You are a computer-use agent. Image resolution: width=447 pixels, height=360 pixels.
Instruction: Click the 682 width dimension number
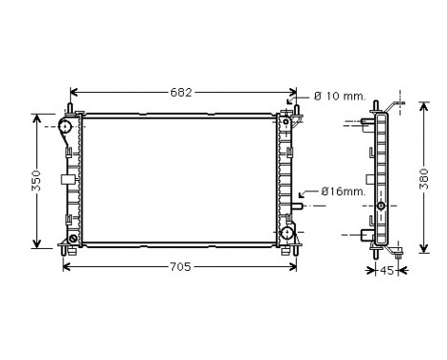[x=182, y=93]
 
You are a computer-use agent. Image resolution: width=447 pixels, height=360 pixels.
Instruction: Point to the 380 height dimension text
[x=425, y=181]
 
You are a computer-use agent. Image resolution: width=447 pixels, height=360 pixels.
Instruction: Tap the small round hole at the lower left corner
[x=72, y=240]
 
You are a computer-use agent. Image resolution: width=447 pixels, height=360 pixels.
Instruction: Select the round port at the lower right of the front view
[x=287, y=233]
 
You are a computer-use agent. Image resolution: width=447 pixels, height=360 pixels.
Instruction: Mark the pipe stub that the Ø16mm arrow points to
[x=300, y=205]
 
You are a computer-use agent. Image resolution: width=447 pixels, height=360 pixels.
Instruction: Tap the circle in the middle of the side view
[x=381, y=206]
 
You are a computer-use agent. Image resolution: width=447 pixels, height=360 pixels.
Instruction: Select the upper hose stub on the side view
[x=367, y=123]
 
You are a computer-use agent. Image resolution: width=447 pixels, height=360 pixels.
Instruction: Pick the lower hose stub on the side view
[x=366, y=232]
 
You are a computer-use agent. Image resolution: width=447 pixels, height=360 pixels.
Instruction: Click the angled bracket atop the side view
[x=393, y=103]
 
